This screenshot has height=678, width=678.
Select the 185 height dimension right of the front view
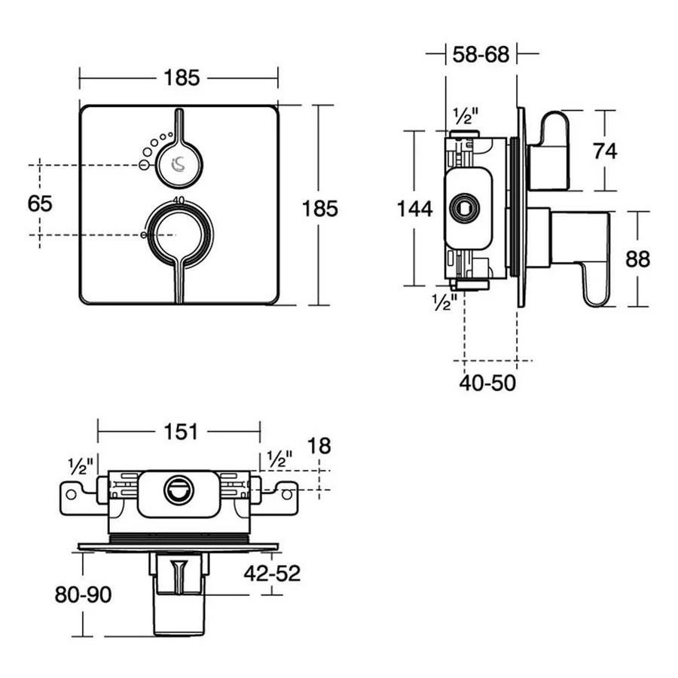(320, 209)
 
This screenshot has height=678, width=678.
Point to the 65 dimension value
(39, 203)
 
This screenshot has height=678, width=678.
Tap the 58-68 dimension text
(480, 54)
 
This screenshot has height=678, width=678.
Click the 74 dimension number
(604, 151)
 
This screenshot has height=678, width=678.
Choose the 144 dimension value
(415, 209)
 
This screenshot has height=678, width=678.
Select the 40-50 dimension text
(487, 383)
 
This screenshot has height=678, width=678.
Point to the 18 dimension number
(319, 446)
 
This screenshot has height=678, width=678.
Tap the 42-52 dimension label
(271, 573)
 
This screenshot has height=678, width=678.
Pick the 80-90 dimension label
(83, 595)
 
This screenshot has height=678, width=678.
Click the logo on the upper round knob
(179, 162)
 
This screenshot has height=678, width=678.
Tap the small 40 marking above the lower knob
(179, 200)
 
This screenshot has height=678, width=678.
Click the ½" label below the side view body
(444, 302)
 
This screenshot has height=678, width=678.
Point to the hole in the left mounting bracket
(72, 494)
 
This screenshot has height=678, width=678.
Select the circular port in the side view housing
(463, 207)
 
